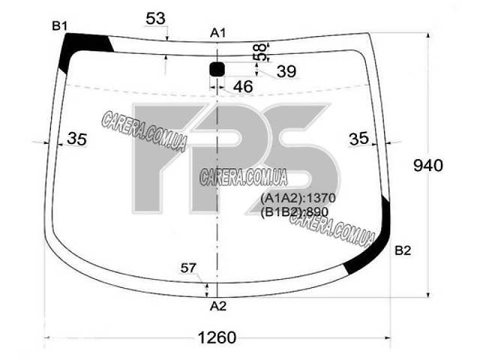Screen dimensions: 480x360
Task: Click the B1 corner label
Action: point(60,26)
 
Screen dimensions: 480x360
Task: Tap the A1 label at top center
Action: point(217,33)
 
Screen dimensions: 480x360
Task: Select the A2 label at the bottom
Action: point(218,306)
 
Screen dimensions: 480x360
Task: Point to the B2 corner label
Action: point(403,250)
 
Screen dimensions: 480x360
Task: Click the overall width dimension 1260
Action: point(217,337)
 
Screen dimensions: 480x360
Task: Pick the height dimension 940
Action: point(428,166)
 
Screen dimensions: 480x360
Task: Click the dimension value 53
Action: point(155,19)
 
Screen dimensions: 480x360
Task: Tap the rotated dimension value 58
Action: point(259,52)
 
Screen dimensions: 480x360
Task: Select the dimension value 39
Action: point(286,72)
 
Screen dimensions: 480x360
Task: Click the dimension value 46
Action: point(243,87)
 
